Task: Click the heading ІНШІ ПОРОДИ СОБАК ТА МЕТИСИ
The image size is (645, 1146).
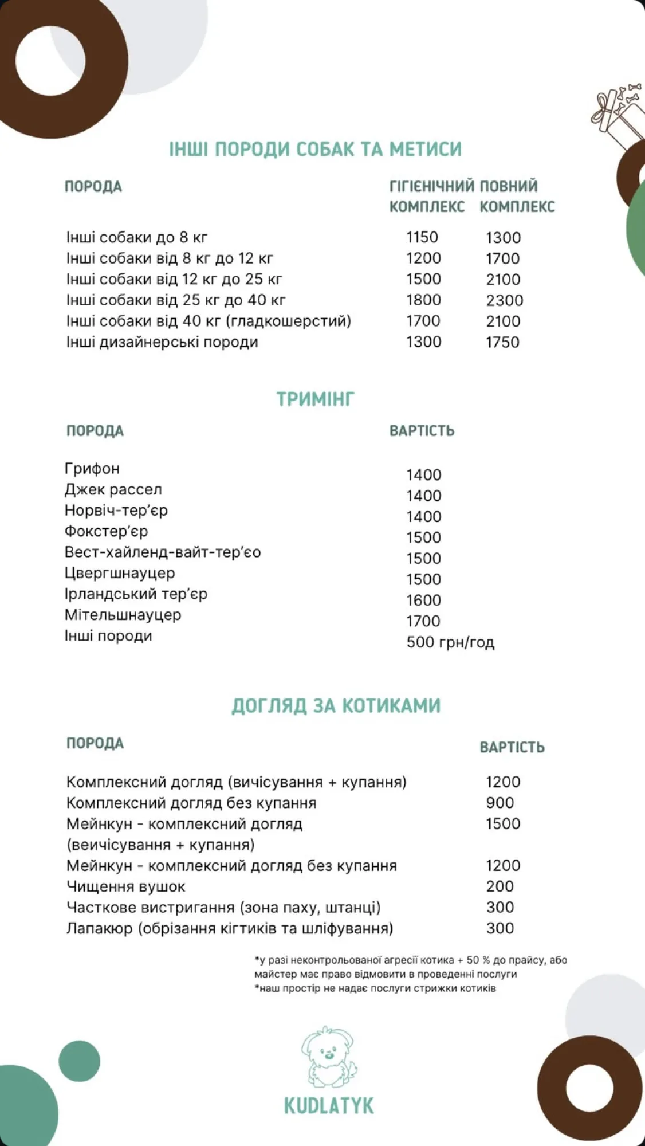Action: tap(315, 149)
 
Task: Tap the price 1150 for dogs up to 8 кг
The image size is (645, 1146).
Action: tap(422, 237)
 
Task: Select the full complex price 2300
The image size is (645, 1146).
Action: tap(504, 300)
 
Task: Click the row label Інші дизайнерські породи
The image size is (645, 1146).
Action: tap(162, 342)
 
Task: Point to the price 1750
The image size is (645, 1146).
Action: tap(502, 342)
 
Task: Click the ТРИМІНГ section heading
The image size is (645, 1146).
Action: tap(316, 399)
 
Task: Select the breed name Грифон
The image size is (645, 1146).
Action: tap(92, 469)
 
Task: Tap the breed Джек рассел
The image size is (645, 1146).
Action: tap(113, 489)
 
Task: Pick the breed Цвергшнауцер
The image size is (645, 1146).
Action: tap(120, 573)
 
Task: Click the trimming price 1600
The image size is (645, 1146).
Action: tap(423, 600)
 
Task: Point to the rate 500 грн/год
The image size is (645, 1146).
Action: tap(450, 642)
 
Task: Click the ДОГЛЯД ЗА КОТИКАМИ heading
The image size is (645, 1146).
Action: tap(336, 705)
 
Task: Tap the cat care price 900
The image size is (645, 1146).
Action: tap(500, 803)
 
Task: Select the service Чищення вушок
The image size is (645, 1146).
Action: tap(126, 886)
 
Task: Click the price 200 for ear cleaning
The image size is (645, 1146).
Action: tap(500, 886)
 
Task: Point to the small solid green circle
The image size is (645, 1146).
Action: tap(79, 1062)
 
